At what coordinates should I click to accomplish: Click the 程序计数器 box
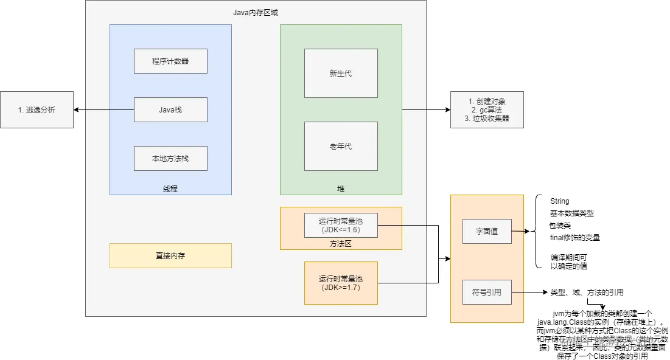[170, 61]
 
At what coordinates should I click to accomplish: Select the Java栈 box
[170, 109]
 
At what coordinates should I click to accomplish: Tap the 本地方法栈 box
[170, 158]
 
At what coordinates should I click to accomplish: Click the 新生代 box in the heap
[341, 73]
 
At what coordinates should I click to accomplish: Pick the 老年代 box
[341, 146]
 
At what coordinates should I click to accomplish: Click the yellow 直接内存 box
[170, 255]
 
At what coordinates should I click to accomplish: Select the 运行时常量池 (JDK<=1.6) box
[341, 225]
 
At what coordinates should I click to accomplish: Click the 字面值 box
[487, 231]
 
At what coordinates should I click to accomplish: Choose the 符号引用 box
[487, 292]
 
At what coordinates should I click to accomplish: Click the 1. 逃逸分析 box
[37, 109]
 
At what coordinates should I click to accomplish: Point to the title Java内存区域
[256, 12]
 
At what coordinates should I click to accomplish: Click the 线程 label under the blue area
[170, 189]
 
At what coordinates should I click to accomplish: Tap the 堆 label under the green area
[341, 189]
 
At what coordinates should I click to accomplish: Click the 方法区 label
[341, 243]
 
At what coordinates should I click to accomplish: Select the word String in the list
[559, 201]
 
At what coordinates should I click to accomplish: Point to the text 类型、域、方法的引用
[587, 292]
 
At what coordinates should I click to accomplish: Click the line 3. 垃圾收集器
[486, 119]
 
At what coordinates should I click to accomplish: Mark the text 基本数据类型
[571, 213]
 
